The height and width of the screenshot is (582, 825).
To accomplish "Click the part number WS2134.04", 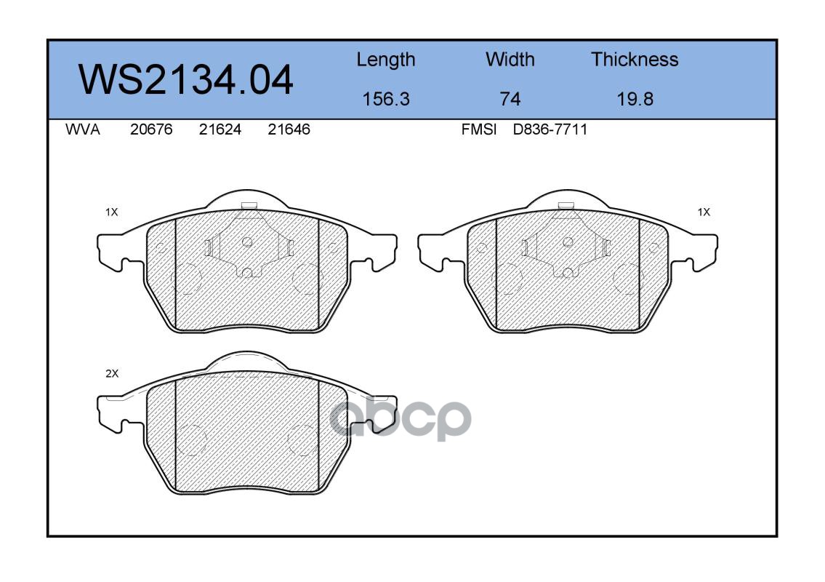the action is (185, 80).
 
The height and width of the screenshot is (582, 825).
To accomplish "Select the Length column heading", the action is (386, 60).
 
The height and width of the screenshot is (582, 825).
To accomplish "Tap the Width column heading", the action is (510, 59).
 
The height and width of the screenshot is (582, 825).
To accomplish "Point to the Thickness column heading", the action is (635, 59).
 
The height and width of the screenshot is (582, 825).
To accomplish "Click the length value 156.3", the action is (386, 99).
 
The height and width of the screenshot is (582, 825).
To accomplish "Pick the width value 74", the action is (510, 99).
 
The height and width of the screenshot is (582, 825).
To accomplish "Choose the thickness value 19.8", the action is (635, 99).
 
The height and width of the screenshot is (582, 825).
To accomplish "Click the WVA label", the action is (83, 129).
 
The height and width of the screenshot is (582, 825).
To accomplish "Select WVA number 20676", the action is (151, 129).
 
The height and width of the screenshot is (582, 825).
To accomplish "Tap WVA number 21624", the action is (220, 129).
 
